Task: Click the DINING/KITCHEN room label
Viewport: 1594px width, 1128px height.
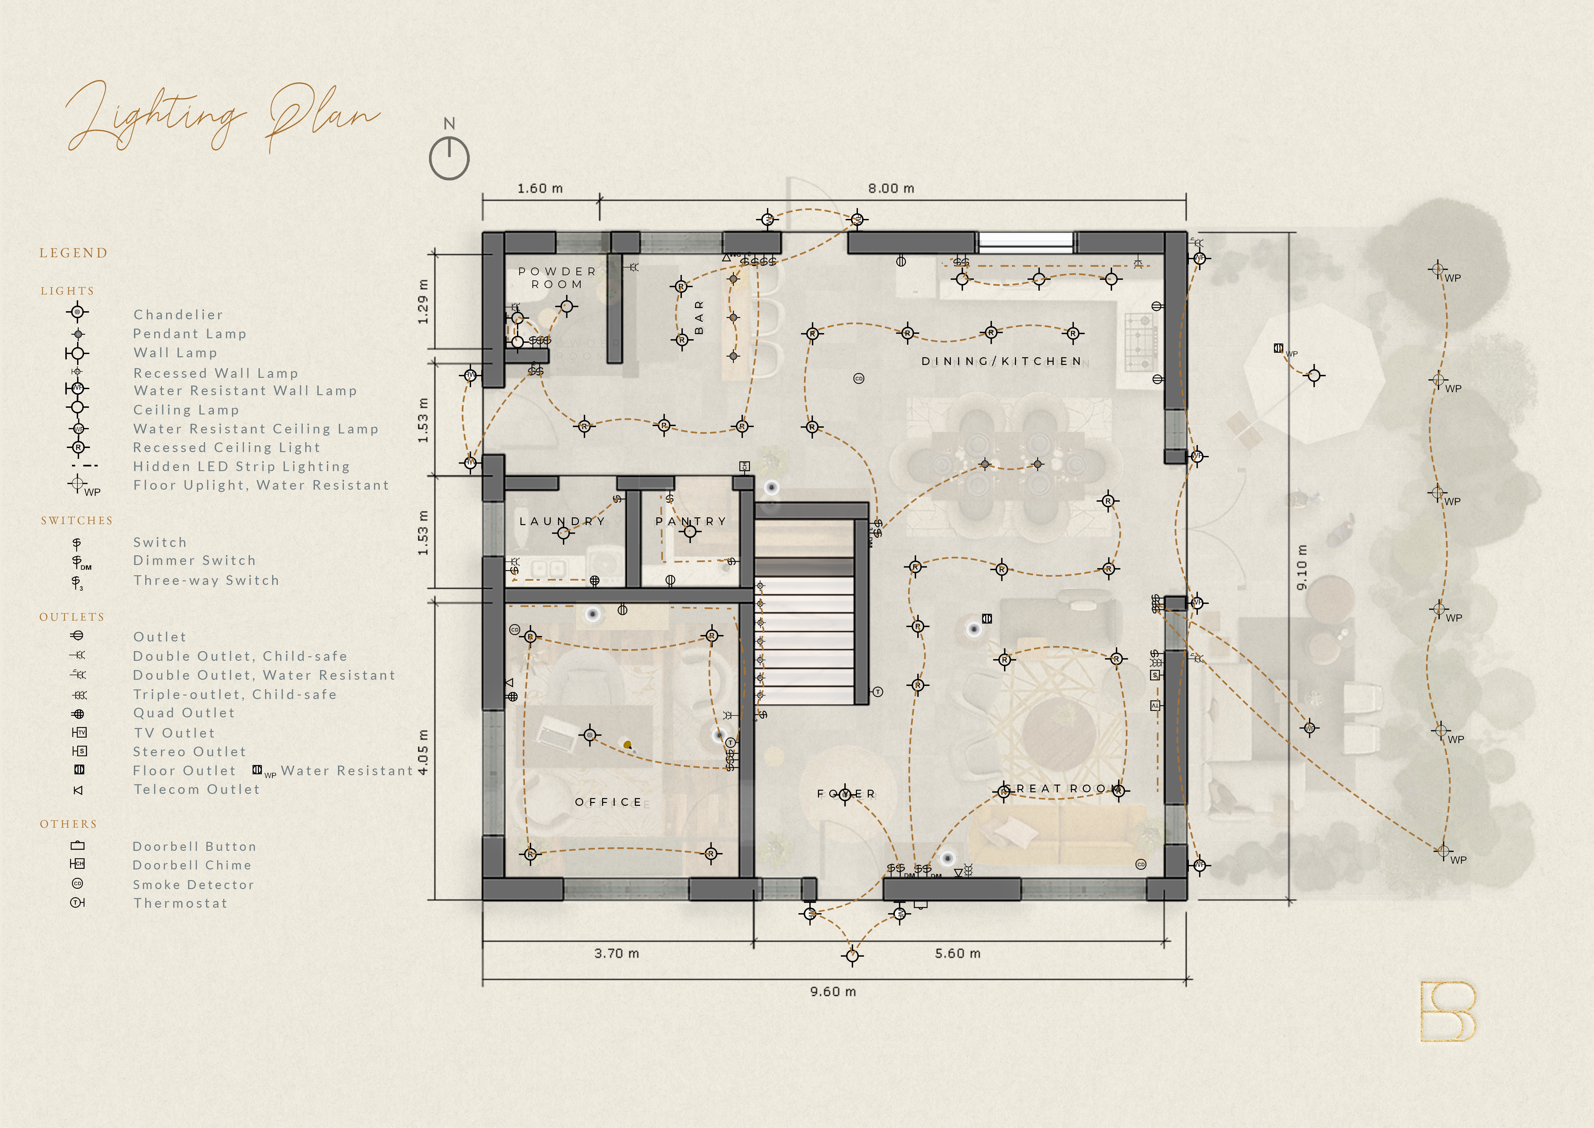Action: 1001,361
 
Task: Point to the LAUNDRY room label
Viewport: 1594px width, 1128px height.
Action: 562,521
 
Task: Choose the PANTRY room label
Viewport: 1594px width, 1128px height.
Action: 691,521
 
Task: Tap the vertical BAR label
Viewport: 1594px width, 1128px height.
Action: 699,317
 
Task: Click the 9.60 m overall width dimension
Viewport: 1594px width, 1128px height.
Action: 833,991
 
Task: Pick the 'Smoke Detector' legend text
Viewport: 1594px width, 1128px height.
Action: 194,884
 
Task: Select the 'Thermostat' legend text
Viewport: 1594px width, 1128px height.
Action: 181,903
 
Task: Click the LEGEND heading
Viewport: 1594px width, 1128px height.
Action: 74,253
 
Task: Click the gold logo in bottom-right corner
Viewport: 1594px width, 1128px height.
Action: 1447,1011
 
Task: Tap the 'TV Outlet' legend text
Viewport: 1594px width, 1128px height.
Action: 174,733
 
